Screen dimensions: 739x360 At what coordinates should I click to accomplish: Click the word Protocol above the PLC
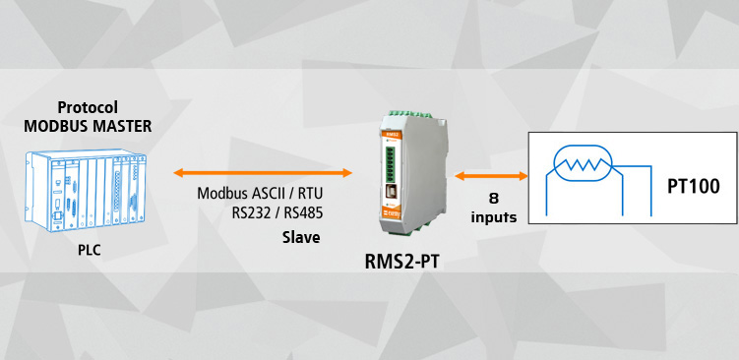point(88,107)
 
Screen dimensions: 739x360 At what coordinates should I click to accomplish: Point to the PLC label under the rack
point(90,250)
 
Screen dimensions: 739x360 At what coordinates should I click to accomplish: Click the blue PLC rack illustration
point(86,191)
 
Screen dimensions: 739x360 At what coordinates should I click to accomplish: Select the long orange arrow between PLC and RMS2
point(263,173)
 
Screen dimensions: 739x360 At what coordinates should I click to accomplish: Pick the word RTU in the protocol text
point(311,194)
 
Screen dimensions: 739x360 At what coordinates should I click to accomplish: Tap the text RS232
point(251,213)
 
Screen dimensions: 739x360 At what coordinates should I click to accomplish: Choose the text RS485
point(303,213)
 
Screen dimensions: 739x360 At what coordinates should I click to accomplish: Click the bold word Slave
point(301,237)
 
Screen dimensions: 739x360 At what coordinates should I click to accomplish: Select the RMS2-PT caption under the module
point(401,262)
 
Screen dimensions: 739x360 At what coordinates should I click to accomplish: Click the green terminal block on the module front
point(390,164)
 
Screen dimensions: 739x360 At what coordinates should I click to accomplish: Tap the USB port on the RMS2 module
point(391,192)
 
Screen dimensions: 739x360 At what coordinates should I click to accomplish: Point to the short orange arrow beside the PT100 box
point(491,176)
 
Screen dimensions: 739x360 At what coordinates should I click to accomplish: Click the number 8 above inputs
point(493,199)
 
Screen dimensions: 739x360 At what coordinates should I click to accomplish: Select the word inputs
point(493,217)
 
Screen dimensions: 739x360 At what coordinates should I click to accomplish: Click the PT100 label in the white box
point(694,187)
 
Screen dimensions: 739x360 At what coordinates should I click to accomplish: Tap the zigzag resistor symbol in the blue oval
point(583,164)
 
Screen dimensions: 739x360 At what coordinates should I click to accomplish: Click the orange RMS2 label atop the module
point(392,135)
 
